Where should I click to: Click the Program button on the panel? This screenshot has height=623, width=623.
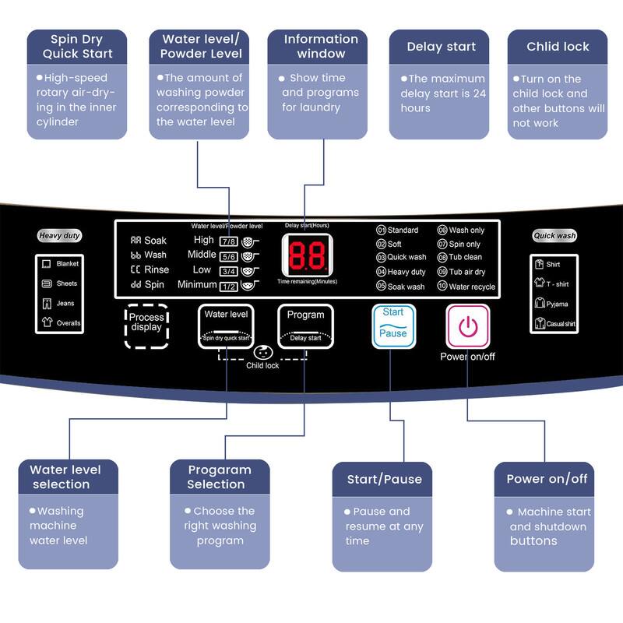(x=305, y=324)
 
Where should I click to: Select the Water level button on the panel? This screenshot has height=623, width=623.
(x=226, y=324)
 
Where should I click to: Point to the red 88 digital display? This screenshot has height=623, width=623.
(x=307, y=255)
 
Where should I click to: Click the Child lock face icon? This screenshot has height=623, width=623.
(x=264, y=352)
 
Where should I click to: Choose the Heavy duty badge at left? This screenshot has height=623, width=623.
(x=60, y=236)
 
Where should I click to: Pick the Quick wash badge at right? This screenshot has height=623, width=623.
(x=554, y=236)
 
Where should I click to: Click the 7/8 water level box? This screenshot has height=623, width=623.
(x=229, y=241)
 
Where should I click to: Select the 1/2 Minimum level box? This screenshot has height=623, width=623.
(x=229, y=287)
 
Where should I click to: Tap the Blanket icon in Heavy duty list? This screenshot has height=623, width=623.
(x=47, y=265)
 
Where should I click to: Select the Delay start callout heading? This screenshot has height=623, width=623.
(x=441, y=47)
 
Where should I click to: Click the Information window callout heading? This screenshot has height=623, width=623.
(x=321, y=47)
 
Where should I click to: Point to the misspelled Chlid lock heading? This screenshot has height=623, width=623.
(x=558, y=47)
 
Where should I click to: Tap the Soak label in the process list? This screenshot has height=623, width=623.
(x=155, y=241)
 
